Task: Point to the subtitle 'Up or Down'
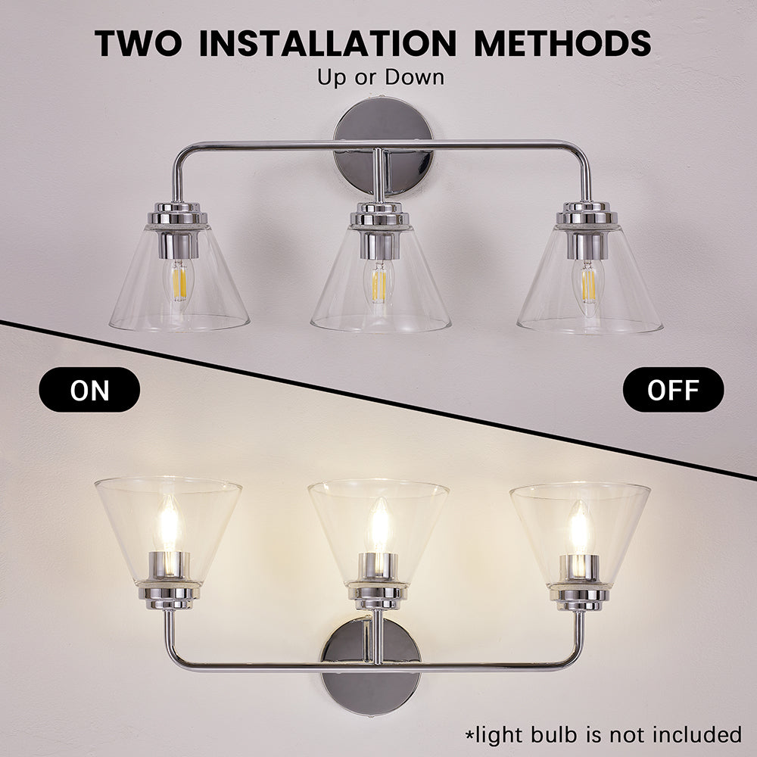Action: point(381,76)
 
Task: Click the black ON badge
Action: point(90,390)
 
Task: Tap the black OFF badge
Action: point(673,390)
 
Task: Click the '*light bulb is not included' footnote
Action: point(602,734)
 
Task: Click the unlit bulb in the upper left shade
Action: point(179,281)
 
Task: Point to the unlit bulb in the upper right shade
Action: point(587,284)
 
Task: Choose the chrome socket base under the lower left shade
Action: point(170,590)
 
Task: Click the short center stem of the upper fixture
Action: point(378,174)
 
